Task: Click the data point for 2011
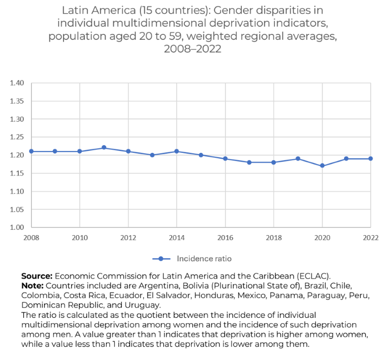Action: click(104, 148)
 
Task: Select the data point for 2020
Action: click(322, 166)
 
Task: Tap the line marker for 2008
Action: click(31, 151)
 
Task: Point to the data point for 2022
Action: click(371, 159)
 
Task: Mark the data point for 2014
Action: click(177, 151)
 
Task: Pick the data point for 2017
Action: click(250, 162)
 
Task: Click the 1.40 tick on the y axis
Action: click(17, 83)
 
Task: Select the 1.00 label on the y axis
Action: click(17, 227)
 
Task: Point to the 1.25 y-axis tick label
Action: click(17, 137)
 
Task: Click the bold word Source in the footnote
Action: click(37, 276)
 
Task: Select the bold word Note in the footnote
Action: click(32, 285)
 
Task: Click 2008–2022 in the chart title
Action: click(193, 49)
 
